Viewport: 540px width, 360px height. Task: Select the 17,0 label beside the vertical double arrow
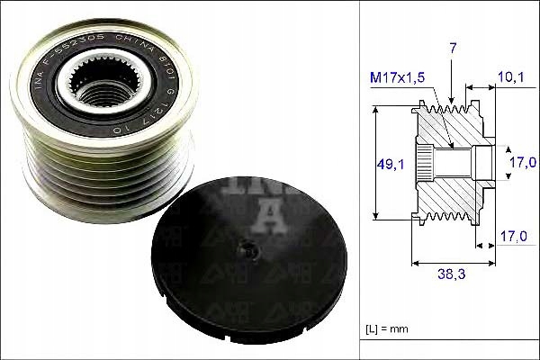[x=525, y=163]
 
